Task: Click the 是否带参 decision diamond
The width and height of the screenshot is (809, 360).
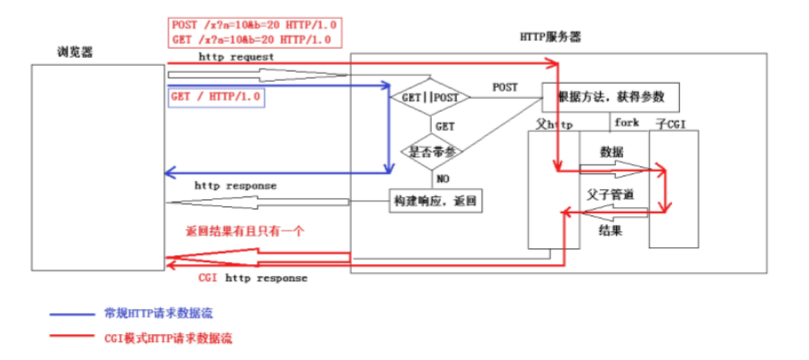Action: (x=432, y=151)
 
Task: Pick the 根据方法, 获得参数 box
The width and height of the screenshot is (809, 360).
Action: (x=605, y=95)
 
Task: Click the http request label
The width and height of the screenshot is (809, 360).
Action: (x=236, y=56)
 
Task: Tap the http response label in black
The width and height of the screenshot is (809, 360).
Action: (x=236, y=186)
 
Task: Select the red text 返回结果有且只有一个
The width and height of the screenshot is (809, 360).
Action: (x=245, y=231)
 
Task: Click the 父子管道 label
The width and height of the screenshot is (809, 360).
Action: (x=610, y=193)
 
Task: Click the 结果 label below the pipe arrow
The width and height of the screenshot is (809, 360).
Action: (x=611, y=231)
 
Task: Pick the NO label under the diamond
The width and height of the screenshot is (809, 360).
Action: (x=442, y=178)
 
